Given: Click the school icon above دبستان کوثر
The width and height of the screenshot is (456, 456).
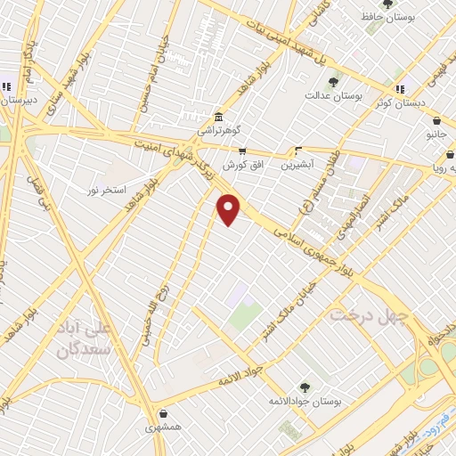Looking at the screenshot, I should click(x=400, y=89).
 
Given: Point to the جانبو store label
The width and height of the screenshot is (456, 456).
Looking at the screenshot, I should click(x=436, y=134).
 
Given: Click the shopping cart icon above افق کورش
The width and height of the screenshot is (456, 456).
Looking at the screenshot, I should click(x=242, y=151).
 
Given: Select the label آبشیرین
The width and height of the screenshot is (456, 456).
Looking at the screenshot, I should click(x=297, y=165).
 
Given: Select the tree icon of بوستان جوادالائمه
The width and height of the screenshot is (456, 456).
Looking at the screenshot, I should click(x=305, y=387).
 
